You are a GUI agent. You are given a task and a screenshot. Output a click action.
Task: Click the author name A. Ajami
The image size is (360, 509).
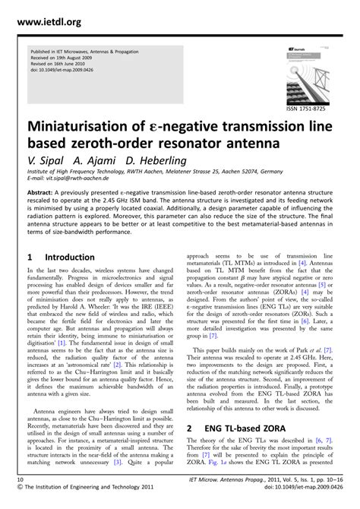tap(89, 160)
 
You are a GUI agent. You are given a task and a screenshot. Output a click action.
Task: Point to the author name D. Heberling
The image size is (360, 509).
tap(145, 160)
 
